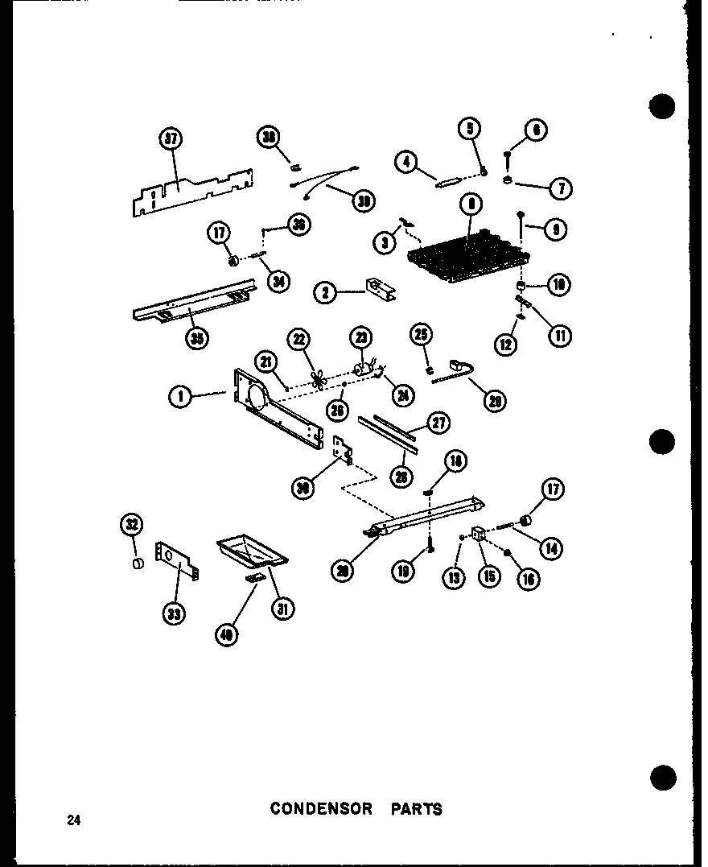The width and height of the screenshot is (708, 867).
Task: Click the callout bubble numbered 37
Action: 171,141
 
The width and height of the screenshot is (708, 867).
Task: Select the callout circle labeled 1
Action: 182,396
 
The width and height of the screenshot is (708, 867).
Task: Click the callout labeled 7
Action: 561,188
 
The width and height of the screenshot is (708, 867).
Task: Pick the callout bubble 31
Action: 282,609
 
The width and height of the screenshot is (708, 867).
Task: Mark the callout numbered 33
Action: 173,614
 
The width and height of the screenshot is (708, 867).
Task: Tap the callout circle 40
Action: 228,635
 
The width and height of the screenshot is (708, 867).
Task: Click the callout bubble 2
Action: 326,292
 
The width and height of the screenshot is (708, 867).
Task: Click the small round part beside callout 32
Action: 136,562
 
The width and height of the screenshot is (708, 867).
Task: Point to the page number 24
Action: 74,821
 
